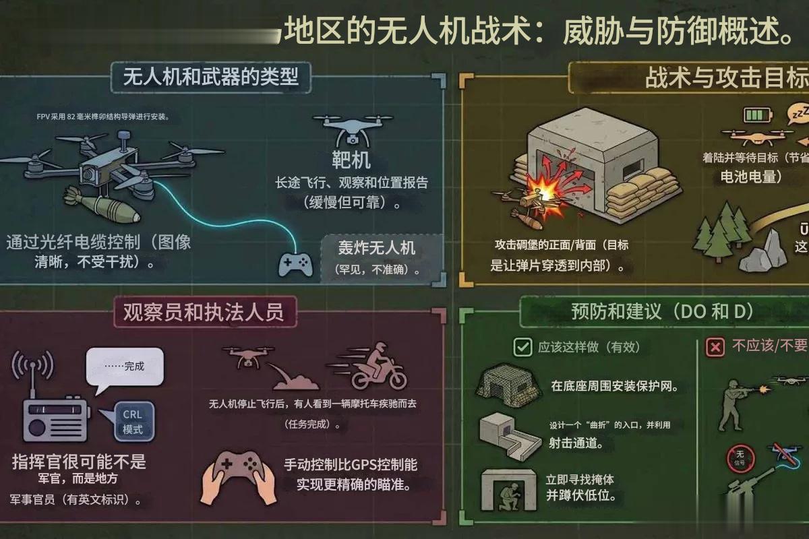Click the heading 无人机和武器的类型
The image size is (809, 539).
210,77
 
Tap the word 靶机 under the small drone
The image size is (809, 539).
351,160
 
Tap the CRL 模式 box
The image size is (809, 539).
133,421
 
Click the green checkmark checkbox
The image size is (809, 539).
522,347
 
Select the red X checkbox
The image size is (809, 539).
715,347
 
